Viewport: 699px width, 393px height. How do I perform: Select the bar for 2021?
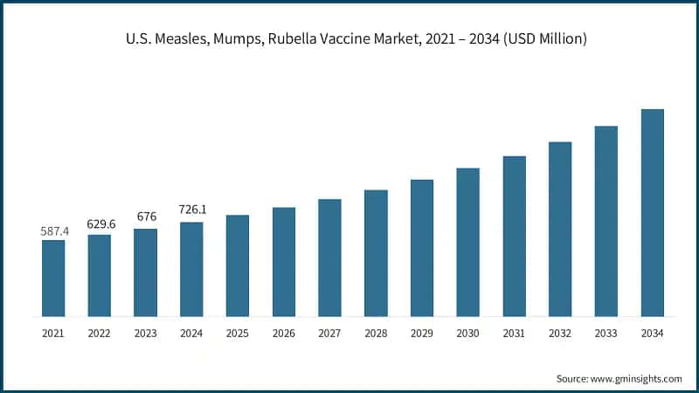(x=53, y=278)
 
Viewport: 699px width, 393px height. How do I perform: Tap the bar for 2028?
(x=376, y=252)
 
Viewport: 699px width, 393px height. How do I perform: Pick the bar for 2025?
(x=238, y=265)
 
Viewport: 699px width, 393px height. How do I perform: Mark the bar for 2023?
(x=145, y=272)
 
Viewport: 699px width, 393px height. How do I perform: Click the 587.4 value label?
(x=54, y=231)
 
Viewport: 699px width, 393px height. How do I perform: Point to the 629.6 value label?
(x=100, y=224)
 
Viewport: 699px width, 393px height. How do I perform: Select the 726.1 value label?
(x=191, y=210)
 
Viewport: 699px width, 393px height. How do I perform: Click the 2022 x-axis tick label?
(x=100, y=333)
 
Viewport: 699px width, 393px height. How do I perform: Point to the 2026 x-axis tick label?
(x=284, y=333)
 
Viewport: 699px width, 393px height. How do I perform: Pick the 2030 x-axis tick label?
(x=467, y=333)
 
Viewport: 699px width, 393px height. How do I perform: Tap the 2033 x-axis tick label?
(x=606, y=333)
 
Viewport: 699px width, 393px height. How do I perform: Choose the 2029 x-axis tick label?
(x=422, y=333)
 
